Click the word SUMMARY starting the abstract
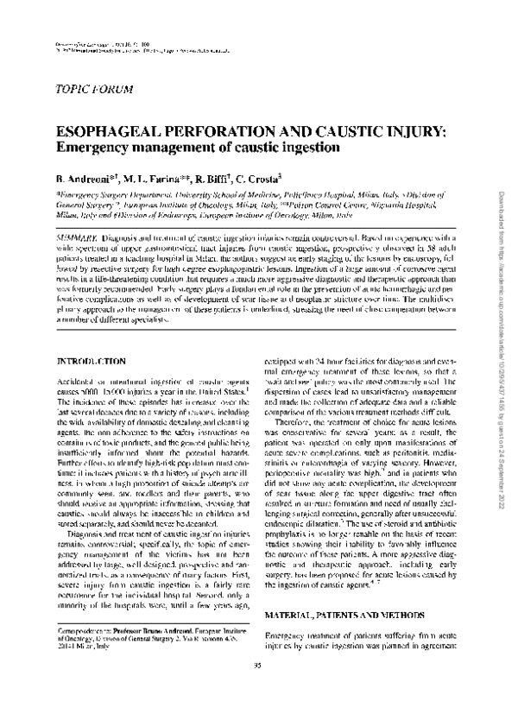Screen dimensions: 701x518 tap(76, 236)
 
